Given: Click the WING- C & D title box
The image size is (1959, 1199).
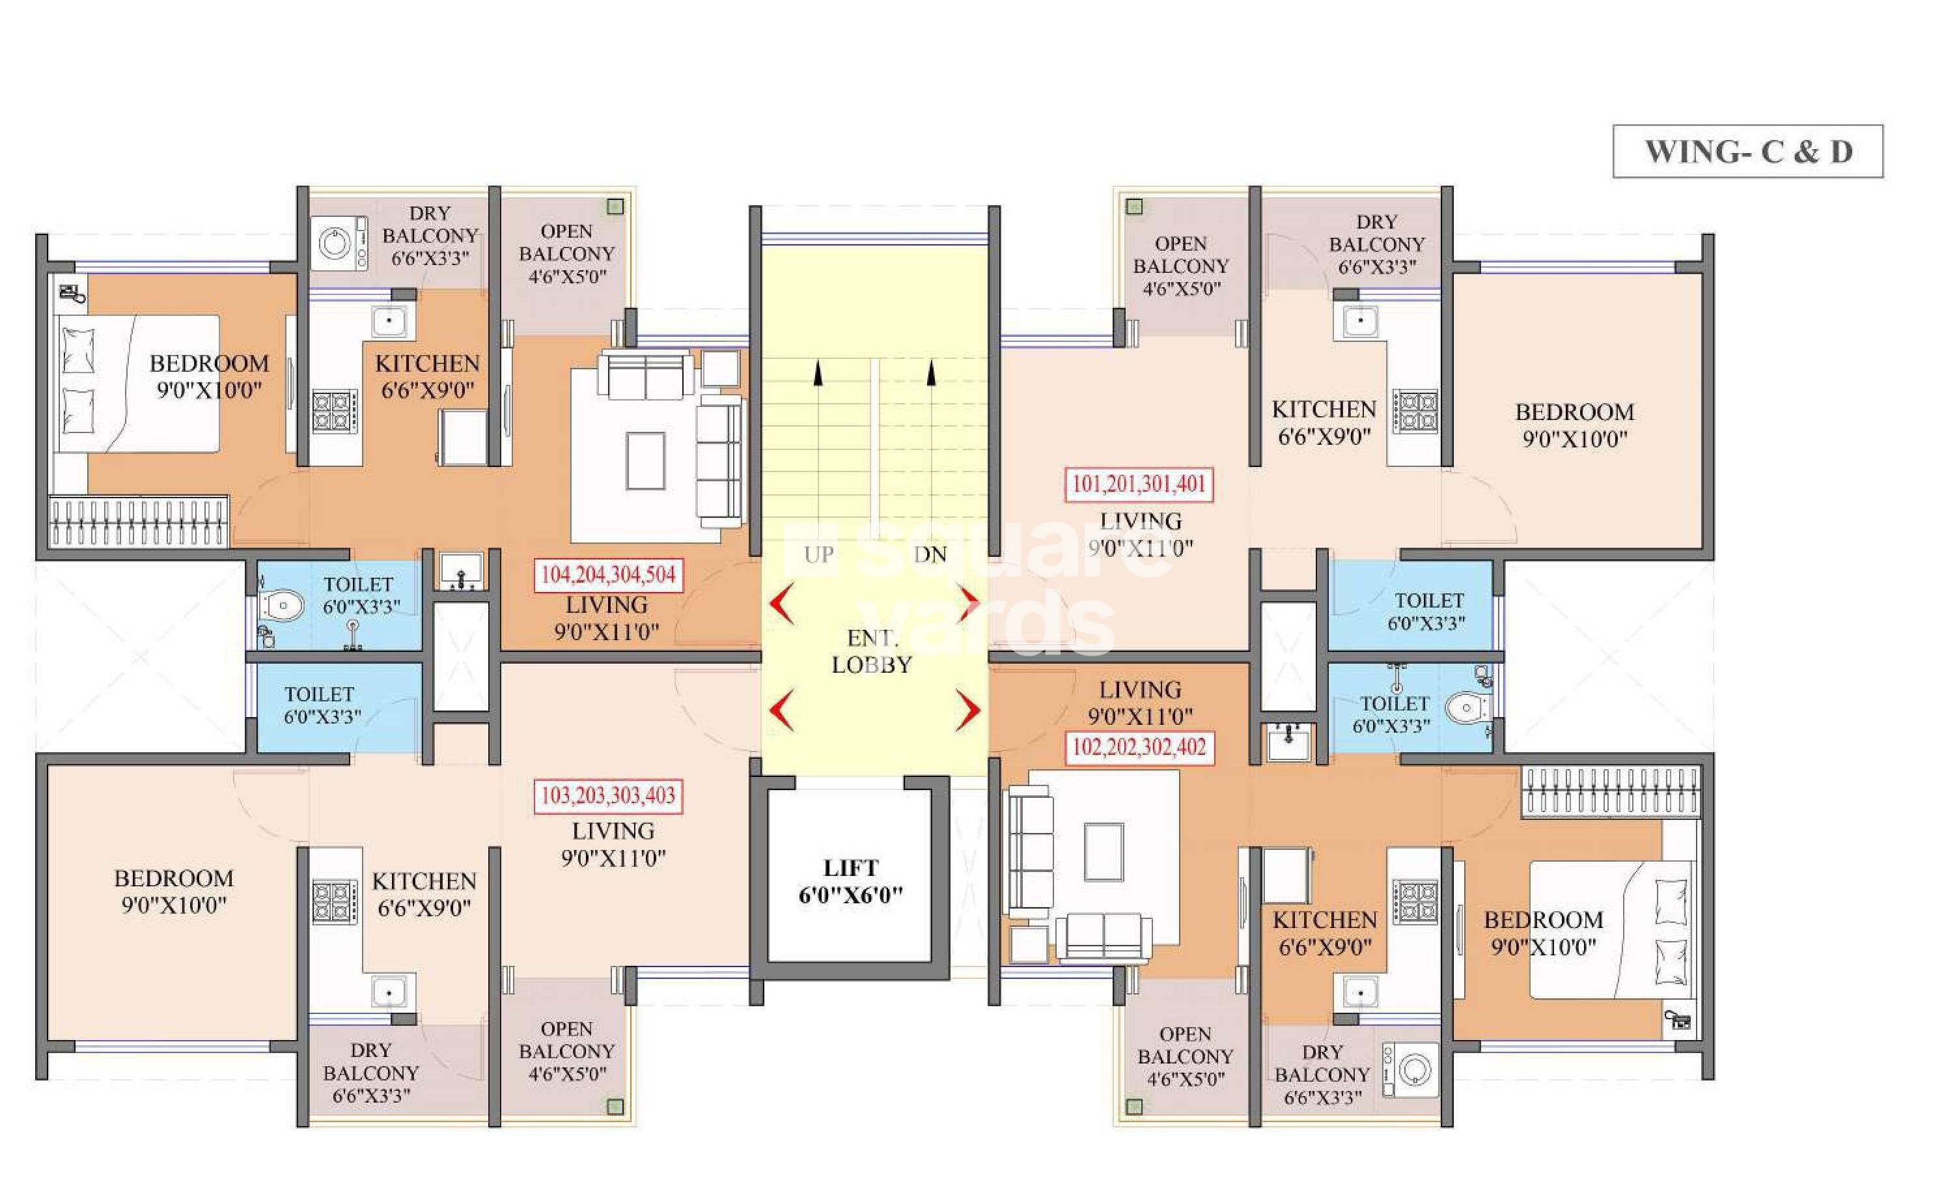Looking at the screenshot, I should coord(1747,151).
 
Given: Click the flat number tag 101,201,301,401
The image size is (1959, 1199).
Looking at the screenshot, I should coord(1139,484).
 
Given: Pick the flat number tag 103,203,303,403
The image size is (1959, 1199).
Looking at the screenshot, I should coord(607,796).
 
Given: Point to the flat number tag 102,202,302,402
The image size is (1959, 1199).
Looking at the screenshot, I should coord(1139,748).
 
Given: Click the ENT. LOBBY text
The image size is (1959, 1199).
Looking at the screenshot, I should coord(871,651).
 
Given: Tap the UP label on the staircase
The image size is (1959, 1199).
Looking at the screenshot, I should coord(818,554).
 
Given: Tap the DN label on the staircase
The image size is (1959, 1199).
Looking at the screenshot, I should coord(930,554).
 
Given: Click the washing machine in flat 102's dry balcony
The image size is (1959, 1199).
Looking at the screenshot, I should coord(1410,1069).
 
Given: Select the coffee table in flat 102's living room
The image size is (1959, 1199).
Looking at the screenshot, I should coord(1104,852).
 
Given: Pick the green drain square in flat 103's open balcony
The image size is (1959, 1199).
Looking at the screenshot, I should coord(615,1106).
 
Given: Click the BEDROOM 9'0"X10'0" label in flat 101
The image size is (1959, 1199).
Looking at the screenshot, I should coord(1574,425).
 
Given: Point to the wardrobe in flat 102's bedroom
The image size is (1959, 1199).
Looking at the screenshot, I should coord(1611,792).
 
